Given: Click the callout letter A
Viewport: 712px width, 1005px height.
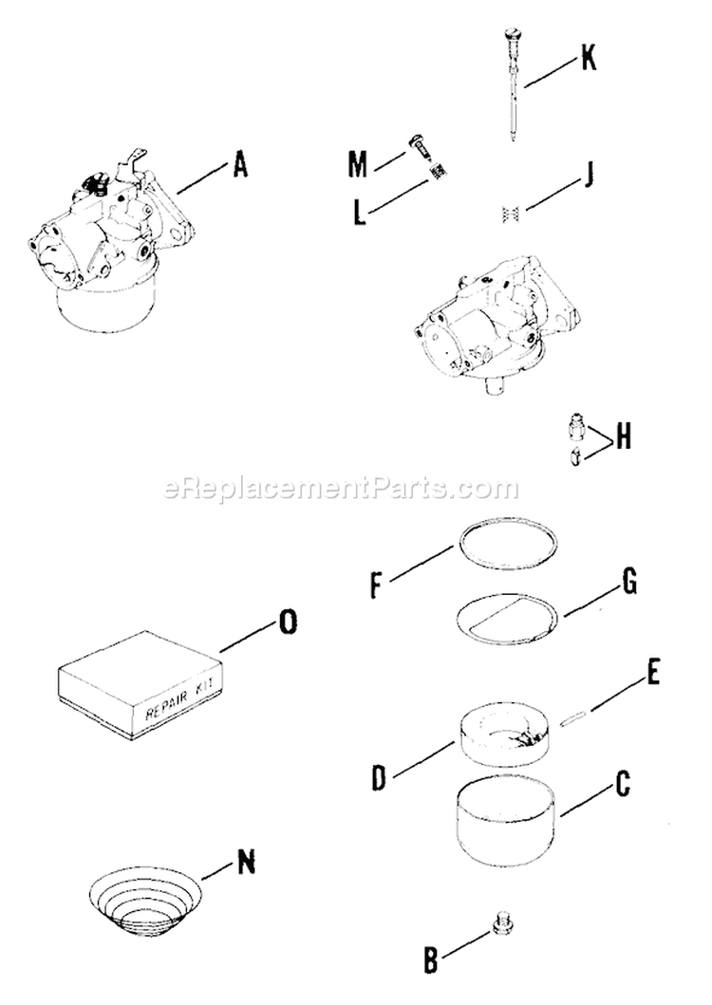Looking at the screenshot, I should pos(239,166).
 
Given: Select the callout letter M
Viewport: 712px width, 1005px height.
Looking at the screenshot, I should pos(357,165).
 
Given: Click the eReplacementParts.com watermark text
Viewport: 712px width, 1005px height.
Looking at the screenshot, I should pos(342,490).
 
